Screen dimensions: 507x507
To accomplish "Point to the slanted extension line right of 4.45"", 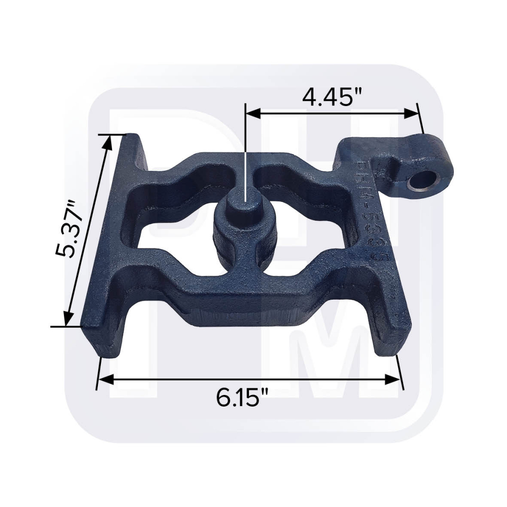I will (x=419, y=118).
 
